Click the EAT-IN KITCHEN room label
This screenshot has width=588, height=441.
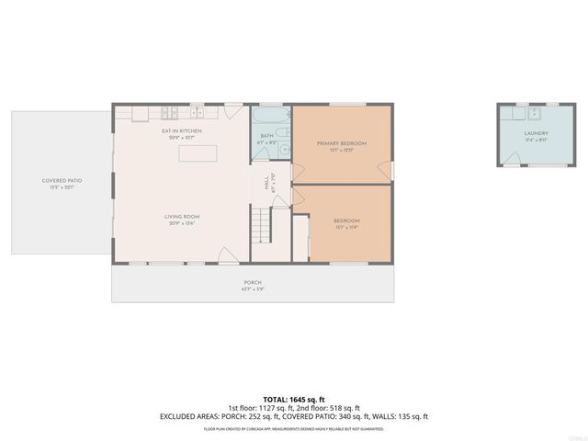[x=181, y=131]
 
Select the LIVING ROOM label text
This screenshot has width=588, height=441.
[x=184, y=217]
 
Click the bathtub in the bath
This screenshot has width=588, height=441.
[x=271, y=118]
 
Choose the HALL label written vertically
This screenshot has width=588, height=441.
[x=266, y=184]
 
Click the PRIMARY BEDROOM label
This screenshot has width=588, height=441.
[x=342, y=143]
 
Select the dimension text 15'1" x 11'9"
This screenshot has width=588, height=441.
[x=346, y=227]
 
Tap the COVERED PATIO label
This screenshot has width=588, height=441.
[x=62, y=180]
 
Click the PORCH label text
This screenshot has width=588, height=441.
[x=253, y=282]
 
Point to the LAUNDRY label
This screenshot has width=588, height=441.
[x=536, y=134]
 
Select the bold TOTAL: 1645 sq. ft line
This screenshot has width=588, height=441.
[x=293, y=399]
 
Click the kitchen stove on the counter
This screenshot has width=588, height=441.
[x=170, y=113]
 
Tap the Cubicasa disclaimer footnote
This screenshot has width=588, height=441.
[x=293, y=428]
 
